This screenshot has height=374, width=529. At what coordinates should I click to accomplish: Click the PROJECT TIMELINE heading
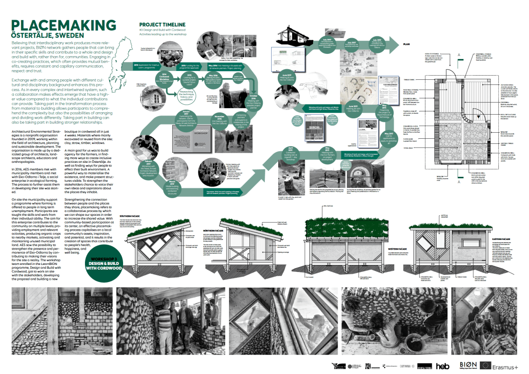click(x=162, y=25)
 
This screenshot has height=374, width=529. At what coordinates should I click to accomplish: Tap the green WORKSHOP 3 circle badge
click(x=107, y=264)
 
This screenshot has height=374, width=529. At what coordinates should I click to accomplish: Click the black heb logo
click(x=443, y=366)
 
